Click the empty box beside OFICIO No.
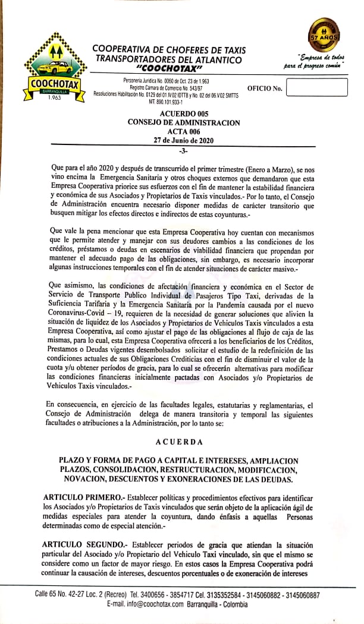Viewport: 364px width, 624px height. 316,87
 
